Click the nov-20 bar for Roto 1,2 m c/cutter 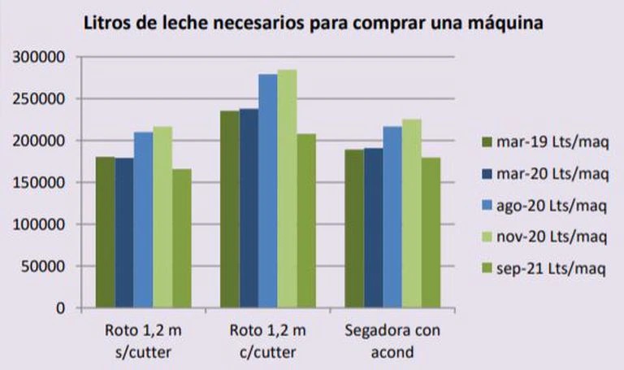(287, 189)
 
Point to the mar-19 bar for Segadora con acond (353, 229)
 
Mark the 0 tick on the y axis (58, 308)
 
